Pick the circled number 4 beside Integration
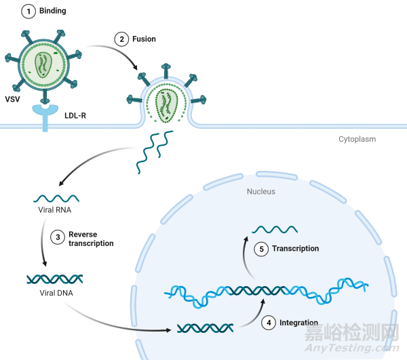(x=270, y=322)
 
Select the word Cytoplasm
(x=357, y=139)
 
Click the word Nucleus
(x=261, y=191)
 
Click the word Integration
(x=298, y=323)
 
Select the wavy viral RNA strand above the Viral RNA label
(x=56, y=199)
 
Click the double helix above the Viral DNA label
(x=55, y=278)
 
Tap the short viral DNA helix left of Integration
(x=206, y=328)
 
